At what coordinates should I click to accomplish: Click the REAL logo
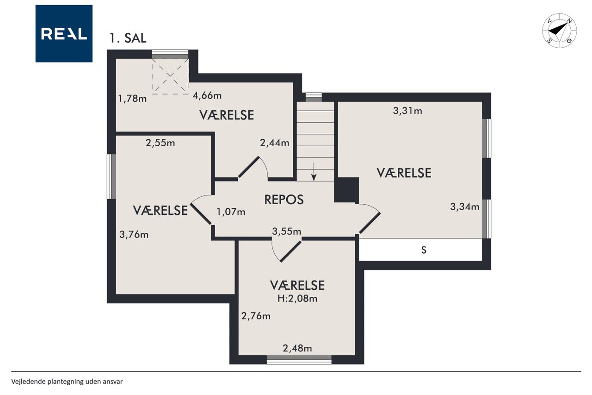[x=64, y=34]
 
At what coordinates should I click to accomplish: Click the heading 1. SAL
[x=128, y=38]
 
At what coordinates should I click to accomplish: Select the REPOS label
[x=284, y=200]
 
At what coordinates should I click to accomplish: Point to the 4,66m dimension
[x=207, y=95]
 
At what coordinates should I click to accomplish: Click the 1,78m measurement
[x=132, y=99]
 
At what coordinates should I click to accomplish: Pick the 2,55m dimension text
[x=160, y=143]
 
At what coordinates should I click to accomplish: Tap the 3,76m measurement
[x=134, y=234]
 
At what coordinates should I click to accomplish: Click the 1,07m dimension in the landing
[x=231, y=212]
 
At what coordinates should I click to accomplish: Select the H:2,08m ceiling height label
[x=297, y=298]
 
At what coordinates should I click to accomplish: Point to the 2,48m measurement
[x=297, y=348]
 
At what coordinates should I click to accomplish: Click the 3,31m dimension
[x=407, y=111]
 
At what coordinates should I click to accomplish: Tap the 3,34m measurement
[x=465, y=207]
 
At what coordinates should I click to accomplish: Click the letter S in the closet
[x=424, y=250]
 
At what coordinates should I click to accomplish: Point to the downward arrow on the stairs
[x=314, y=171]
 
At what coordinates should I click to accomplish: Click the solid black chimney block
[x=346, y=190]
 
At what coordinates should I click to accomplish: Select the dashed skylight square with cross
[x=170, y=76]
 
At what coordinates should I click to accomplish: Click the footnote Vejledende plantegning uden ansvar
[x=67, y=382]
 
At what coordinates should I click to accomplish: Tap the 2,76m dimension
[x=256, y=316]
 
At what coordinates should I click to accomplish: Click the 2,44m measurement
[x=275, y=143]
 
